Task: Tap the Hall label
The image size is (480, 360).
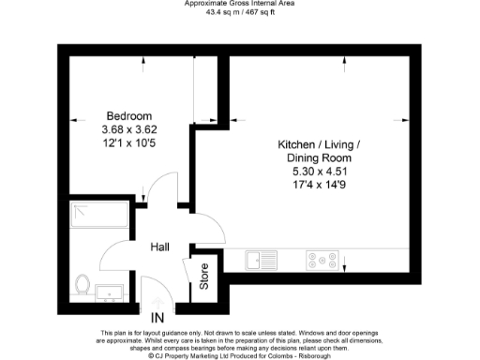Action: [159, 247]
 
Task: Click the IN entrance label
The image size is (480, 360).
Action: [157, 318]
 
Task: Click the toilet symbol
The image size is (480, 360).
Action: [82, 283]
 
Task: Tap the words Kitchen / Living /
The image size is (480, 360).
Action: [319, 144]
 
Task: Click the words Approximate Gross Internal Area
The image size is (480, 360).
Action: [240, 4]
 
